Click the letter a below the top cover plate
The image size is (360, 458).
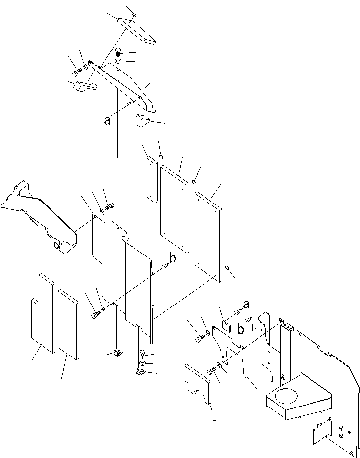point(107,120)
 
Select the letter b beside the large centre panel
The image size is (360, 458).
point(172,258)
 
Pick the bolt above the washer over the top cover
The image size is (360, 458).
point(118,51)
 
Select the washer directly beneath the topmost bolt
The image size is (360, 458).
point(119,61)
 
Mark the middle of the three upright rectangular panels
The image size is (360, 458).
point(174,209)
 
